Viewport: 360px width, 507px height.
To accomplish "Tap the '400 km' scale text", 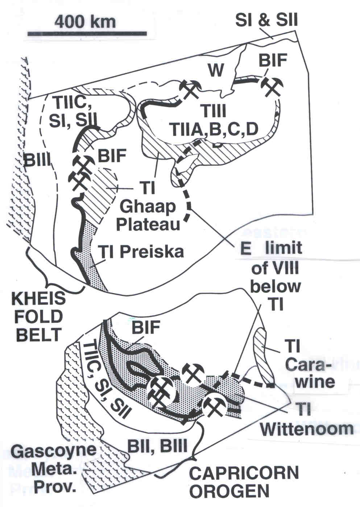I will (86, 21).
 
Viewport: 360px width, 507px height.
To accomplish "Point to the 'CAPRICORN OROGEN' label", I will (244, 482).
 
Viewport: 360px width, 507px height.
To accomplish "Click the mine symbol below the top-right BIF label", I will (272, 86).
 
